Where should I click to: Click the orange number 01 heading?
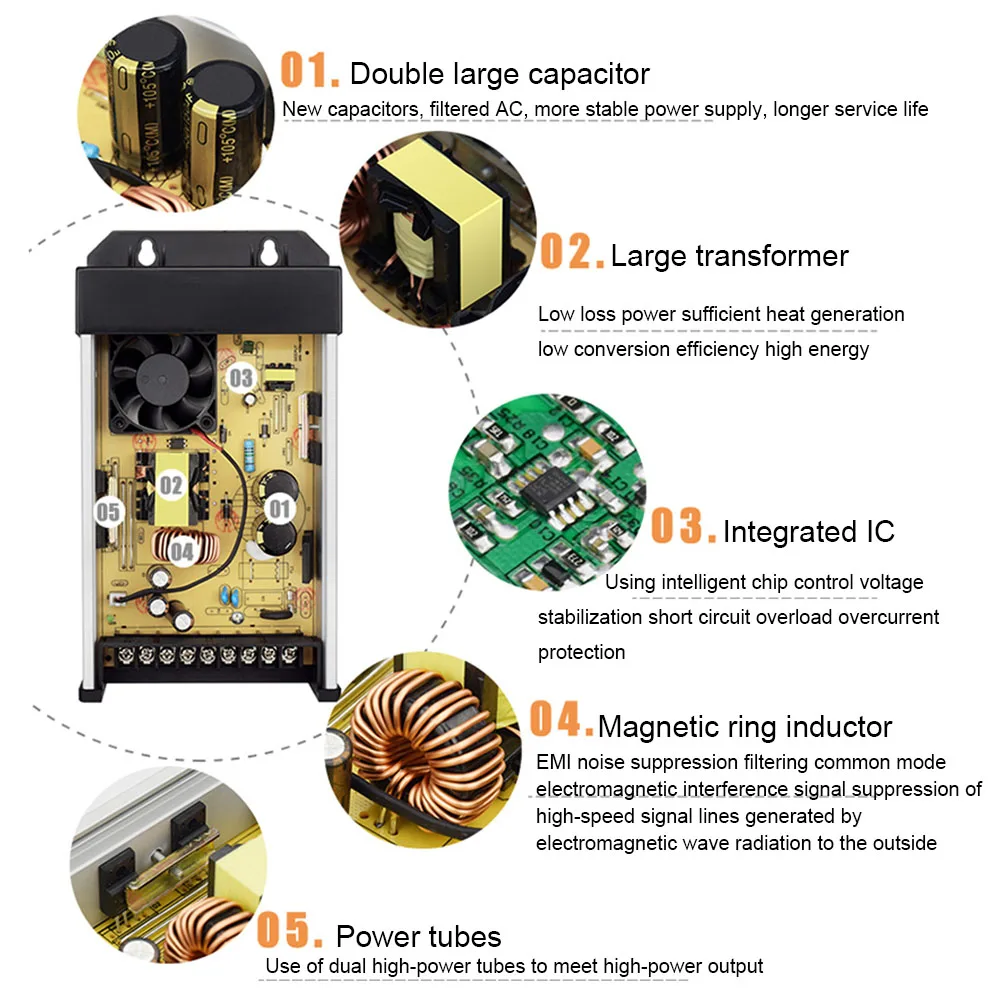point(310,70)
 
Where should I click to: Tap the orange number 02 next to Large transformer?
point(572,251)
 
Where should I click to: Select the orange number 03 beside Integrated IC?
point(683,526)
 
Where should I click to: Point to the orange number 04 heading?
point(562,718)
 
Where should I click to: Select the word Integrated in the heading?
point(790,531)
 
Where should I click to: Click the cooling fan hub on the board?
point(163,380)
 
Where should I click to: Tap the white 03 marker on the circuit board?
point(241,378)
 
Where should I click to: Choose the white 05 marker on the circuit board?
point(108,512)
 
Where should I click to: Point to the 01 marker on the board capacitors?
point(279,509)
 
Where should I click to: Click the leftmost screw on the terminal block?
point(126,655)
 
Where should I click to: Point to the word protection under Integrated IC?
point(582,652)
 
